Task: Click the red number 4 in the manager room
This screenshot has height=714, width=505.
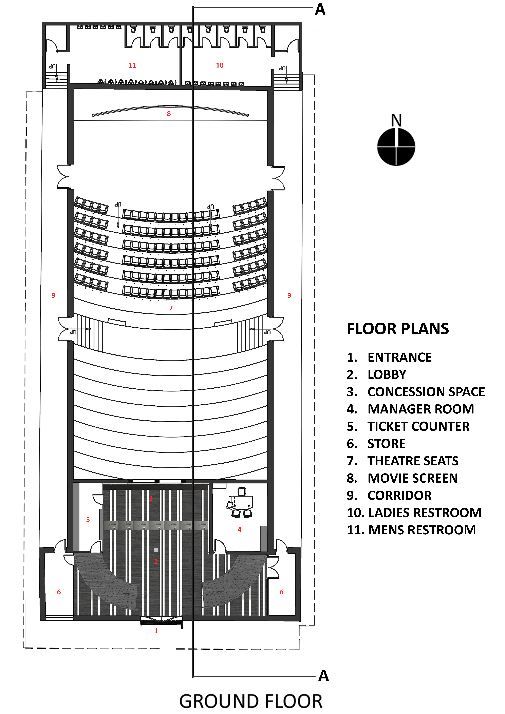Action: (x=239, y=530)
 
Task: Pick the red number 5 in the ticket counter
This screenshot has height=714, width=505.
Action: (x=88, y=520)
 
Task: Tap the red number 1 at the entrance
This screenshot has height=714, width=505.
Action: (x=156, y=631)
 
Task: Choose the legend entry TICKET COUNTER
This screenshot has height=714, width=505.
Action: (x=418, y=426)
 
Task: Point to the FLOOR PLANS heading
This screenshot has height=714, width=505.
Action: (x=398, y=329)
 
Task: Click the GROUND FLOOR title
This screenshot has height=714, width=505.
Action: (x=251, y=702)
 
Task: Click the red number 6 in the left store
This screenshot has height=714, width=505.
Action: (x=59, y=592)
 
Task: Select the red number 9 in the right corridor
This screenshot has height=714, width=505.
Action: (x=289, y=295)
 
